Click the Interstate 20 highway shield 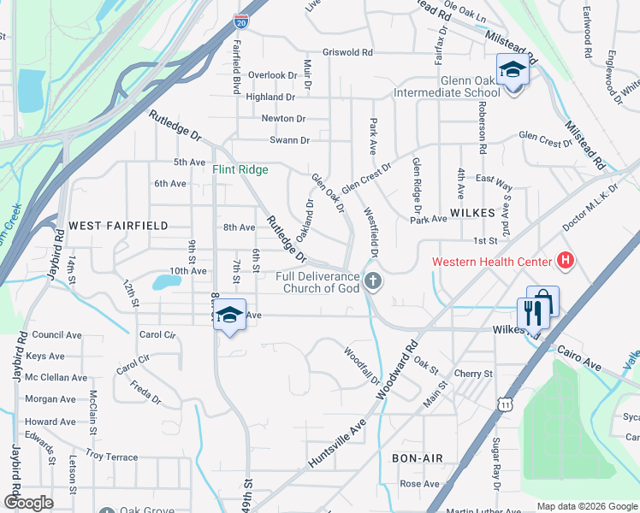(x=241, y=22)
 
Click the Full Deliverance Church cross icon (x=372, y=280)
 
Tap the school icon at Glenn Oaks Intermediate (x=513, y=71)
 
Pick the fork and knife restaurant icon (x=533, y=312)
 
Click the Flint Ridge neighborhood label (x=240, y=169)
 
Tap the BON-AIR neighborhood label (x=417, y=458)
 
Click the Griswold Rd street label (x=347, y=52)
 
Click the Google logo (x=28, y=503)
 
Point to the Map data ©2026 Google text (x=586, y=506)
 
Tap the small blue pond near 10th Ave (x=163, y=281)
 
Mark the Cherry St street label (x=473, y=374)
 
